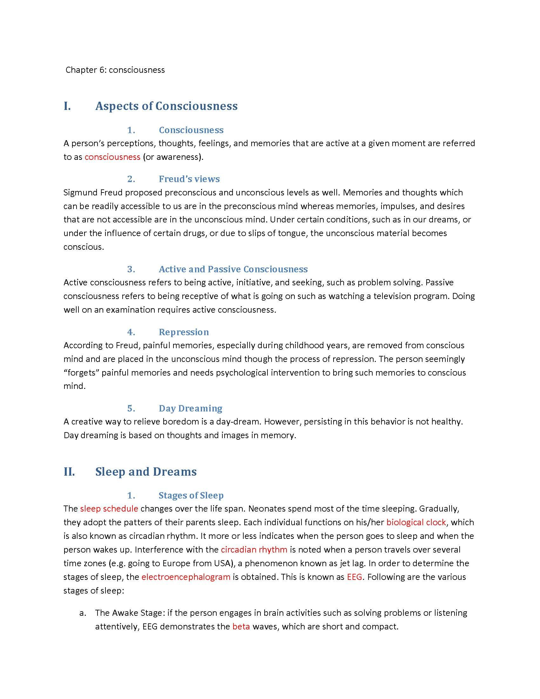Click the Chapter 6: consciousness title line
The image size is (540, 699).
pyautogui.click(x=115, y=70)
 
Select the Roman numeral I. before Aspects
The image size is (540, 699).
pyautogui.click(x=67, y=106)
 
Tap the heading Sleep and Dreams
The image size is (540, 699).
pyautogui.click(x=146, y=472)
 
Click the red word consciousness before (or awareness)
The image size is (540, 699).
pyautogui.click(x=112, y=157)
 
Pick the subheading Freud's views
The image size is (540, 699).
pyautogui.click(x=189, y=179)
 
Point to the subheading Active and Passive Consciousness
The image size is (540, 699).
pyautogui.click(x=233, y=269)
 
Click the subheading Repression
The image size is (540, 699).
pyautogui.click(x=184, y=332)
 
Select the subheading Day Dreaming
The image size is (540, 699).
pyautogui.click(x=190, y=408)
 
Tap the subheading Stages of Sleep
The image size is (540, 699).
pyautogui.click(x=191, y=495)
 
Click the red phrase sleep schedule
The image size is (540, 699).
pyautogui.click(x=109, y=509)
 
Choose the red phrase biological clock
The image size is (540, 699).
pyautogui.click(x=416, y=522)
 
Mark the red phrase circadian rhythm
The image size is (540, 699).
pyautogui.click(x=254, y=550)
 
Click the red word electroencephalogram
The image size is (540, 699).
pyautogui.click(x=186, y=577)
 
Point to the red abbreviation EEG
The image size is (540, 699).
pyautogui.click(x=354, y=577)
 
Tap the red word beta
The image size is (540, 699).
pyautogui.click(x=241, y=626)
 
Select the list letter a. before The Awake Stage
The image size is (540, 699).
pyautogui.click(x=83, y=613)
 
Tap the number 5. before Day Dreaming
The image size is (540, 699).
pyautogui.click(x=131, y=408)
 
